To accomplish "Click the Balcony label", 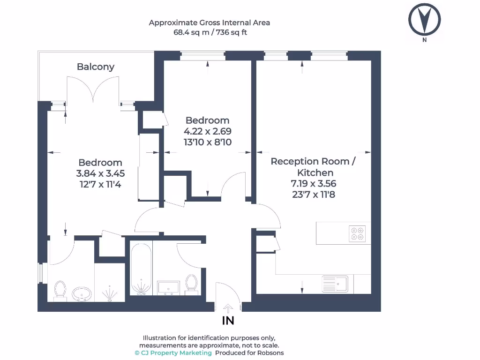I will [96, 67].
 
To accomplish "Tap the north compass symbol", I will [424, 20].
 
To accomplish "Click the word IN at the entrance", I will [228, 321].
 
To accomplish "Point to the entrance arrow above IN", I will [228, 307].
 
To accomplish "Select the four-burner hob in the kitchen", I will [357, 233].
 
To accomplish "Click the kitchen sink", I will [334, 284].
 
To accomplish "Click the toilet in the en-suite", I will [60, 288].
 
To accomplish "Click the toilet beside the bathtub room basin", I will [191, 284].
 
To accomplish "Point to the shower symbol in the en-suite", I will [110, 293].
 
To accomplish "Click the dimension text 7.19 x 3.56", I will [313, 184].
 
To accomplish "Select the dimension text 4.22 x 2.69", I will [208, 131].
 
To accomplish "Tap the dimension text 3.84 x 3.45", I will [100, 173].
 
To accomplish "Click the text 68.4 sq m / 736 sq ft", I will [210, 33].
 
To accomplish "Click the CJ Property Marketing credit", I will [173, 353].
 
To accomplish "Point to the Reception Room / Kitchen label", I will [313, 167].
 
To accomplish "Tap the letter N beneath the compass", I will [424, 40].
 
